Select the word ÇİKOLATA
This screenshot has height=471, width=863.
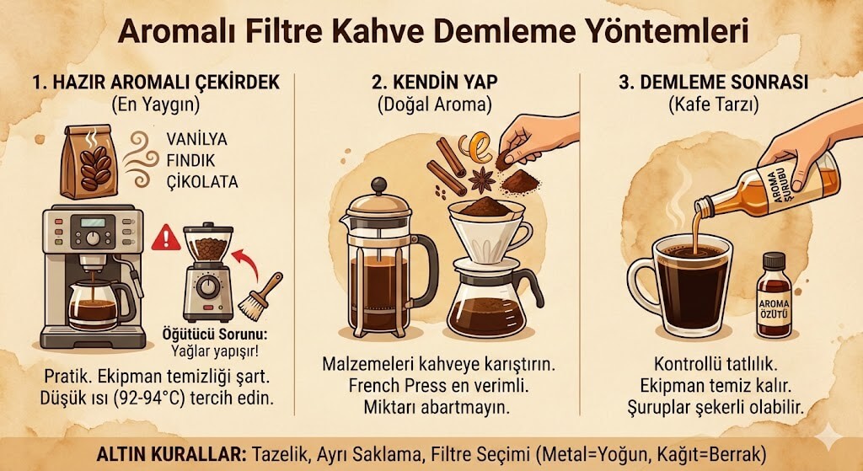[x=203, y=182]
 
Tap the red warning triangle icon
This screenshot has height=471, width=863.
[x=166, y=238]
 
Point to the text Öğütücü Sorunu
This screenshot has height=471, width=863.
[x=206, y=333]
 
